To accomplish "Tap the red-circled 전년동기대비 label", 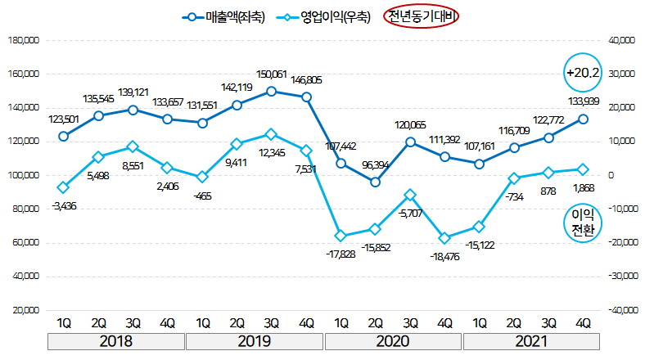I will click(423, 16).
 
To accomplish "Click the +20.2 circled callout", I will click(583, 73).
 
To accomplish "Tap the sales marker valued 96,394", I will click(375, 182).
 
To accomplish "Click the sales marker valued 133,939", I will click(584, 119).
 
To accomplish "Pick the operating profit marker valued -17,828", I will click(341, 236).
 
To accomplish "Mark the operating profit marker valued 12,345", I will click(271, 133).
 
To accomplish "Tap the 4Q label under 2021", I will click(584, 322).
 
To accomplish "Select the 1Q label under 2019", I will click(202, 322).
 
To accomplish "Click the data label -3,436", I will click(63, 205).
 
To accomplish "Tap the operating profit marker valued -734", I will click(514, 178).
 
